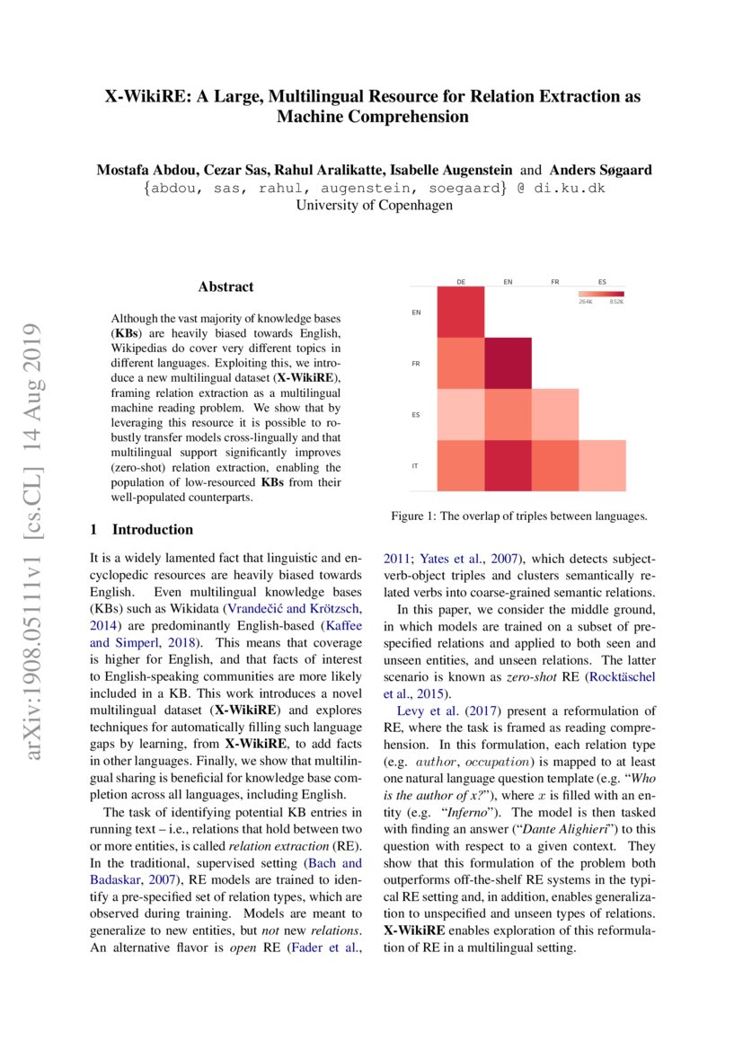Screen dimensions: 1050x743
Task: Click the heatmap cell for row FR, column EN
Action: coord(508,364)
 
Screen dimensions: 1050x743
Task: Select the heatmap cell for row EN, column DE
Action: coord(461,312)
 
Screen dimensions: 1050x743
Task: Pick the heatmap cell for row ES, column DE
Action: coord(461,415)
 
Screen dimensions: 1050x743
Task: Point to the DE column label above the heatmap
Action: coord(461,282)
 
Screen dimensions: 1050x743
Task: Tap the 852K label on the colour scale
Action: coord(615,302)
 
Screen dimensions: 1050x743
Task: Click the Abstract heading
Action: coord(226,287)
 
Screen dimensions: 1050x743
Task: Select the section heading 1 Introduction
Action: coord(142,529)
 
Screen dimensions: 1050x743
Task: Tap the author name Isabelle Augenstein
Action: coord(456,171)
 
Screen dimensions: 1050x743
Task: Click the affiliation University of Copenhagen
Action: coord(374,205)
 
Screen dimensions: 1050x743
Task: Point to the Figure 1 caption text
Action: coord(518,516)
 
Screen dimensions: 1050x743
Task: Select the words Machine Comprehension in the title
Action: coord(373,117)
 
